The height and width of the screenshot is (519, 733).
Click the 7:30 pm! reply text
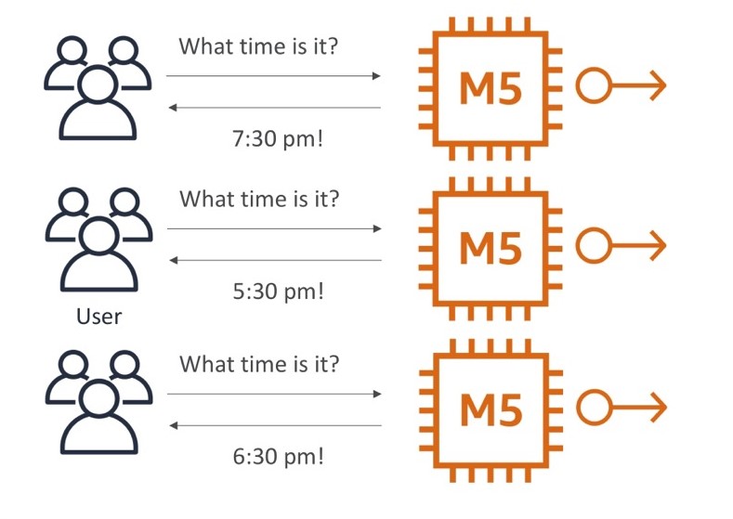[x=277, y=140]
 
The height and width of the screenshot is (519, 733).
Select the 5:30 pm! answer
[x=277, y=292]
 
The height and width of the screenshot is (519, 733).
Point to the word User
[x=98, y=317]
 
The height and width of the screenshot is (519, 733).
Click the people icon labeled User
[x=98, y=241]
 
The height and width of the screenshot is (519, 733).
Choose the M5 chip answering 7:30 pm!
[x=491, y=87]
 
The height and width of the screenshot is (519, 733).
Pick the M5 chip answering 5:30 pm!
[x=491, y=246]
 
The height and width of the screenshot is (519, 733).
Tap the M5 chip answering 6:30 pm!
[x=491, y=408]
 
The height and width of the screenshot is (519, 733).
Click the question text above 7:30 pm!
[x=258, y=45]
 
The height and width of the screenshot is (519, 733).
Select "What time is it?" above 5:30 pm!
[x=258, y=199]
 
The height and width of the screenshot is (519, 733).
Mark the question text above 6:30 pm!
[x=258, y=363]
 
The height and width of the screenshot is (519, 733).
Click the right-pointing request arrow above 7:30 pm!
[x=274, y=75]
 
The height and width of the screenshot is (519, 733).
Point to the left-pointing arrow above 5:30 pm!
[x=274, y=260]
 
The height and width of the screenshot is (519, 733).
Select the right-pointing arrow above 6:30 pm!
[x=274, y=394]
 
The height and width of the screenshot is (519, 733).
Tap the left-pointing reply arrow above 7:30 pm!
[x=274, y=108]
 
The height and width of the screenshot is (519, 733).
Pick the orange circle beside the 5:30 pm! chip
[x=593, y=246]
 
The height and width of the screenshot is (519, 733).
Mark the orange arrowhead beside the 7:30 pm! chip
[x=657, y=87]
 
